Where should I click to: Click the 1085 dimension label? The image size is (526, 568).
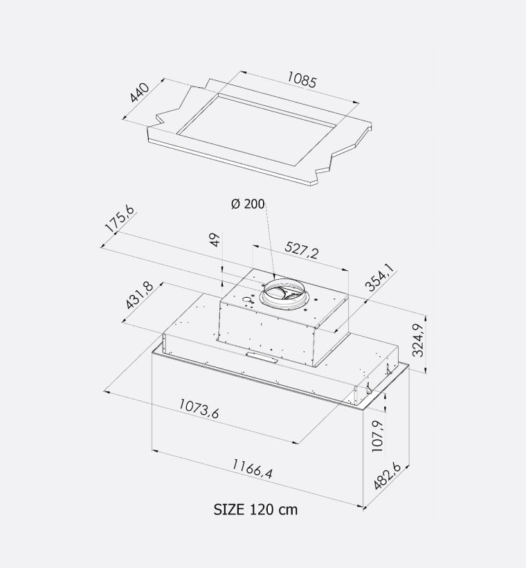(302, 80)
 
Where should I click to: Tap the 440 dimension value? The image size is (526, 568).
(139, 93)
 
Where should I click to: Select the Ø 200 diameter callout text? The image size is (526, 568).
(248, 204)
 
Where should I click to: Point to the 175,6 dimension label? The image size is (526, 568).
(120, 219)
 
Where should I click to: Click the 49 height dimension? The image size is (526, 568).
(215, 240)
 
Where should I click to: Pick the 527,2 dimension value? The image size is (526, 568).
(302, 250)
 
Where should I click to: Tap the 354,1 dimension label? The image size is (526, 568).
(380, 277)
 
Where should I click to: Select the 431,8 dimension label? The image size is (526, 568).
(139, 295)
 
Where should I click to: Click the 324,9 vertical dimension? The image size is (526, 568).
(418, 340)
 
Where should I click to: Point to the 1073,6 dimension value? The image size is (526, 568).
(199, 408)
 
